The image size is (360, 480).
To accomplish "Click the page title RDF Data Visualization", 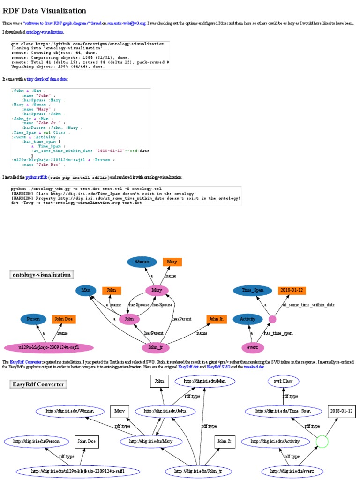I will [45, 10].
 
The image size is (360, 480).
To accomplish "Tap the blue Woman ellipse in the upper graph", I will [141, 262].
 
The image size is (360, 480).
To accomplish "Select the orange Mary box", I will [172, 262].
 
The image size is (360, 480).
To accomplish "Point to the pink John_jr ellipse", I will [155, 348].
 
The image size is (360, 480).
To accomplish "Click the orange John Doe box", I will [64, 319].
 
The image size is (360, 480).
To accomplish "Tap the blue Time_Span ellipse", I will [253, 291].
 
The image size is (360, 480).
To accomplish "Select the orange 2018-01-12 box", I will [292, 291].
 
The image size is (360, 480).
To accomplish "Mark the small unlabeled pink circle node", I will [272, 319].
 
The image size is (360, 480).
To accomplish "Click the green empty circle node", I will [322, 441].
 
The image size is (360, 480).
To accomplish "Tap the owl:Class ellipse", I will [283, 381].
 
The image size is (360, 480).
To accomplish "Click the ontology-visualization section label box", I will [42, 275].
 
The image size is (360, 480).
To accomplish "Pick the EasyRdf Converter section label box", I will [38, 384].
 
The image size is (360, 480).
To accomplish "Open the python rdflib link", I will [37, 178].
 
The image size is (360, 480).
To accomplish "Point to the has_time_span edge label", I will [278, 333].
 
